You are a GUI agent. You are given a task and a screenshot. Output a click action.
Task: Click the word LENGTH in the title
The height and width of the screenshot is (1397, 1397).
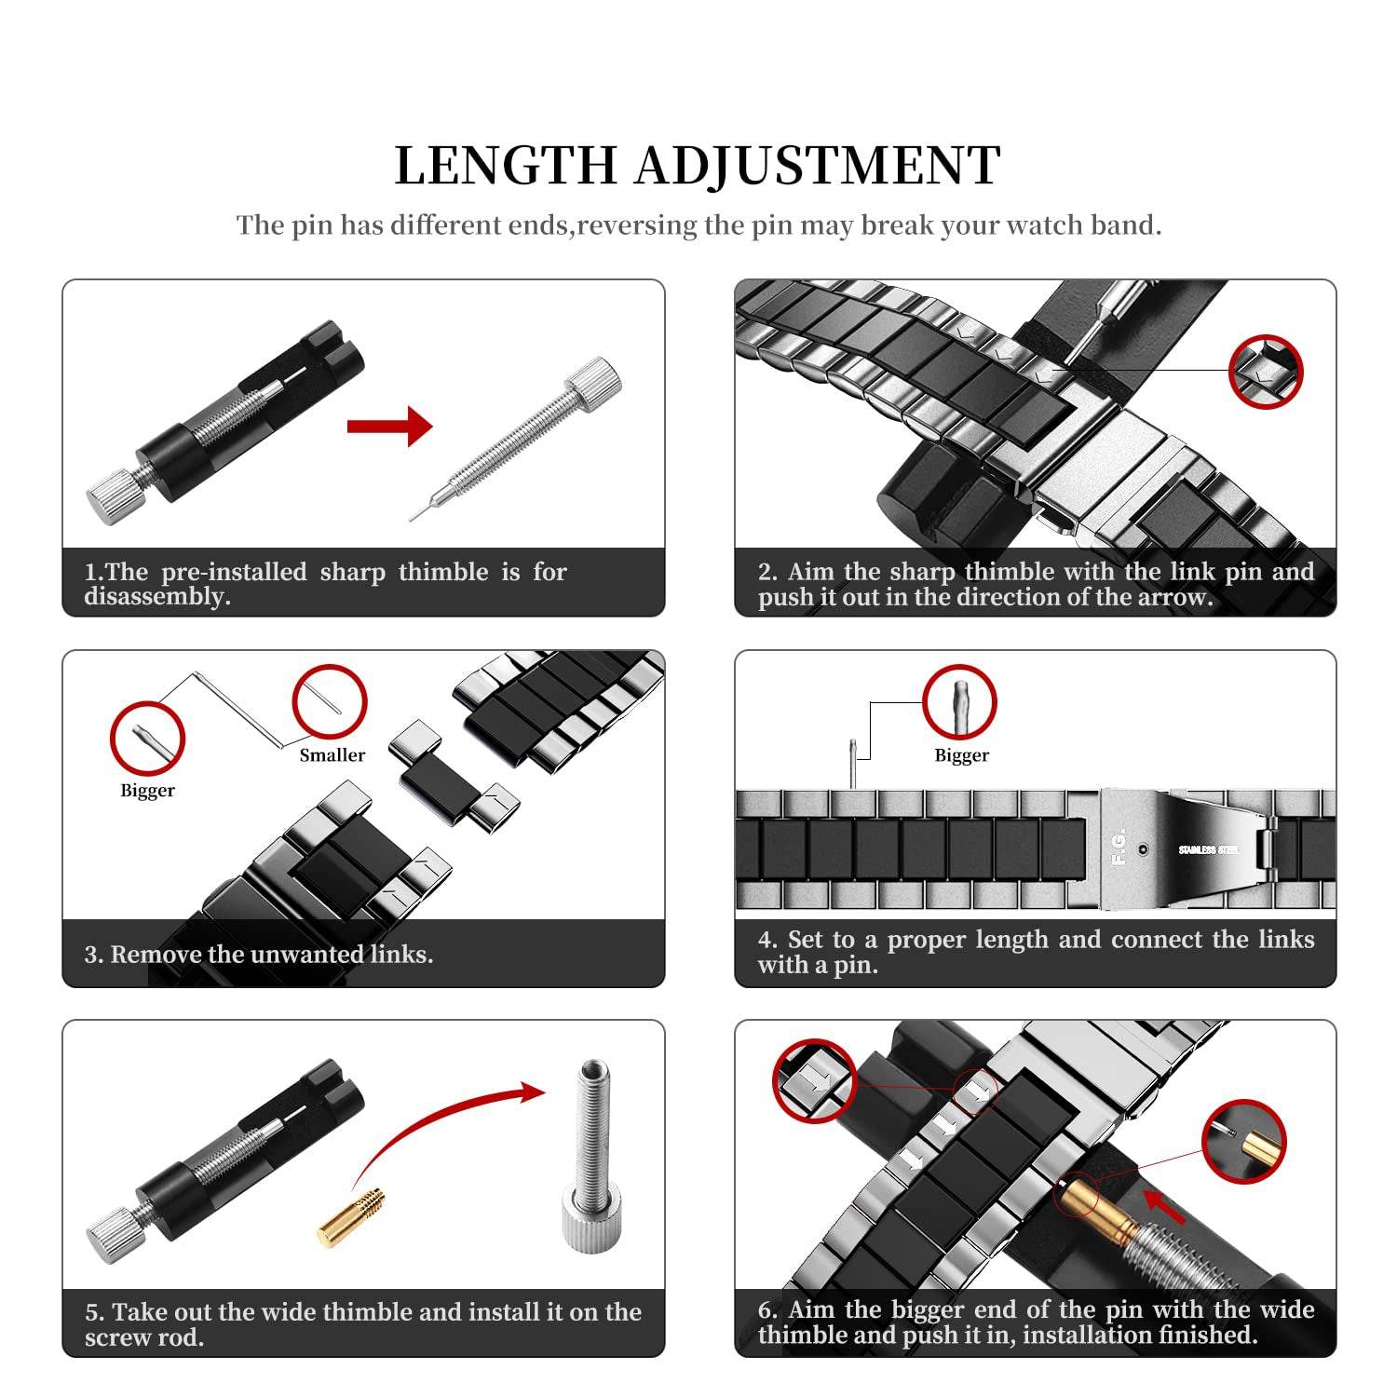coord(506,166)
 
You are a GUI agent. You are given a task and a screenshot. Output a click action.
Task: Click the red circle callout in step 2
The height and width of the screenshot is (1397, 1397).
coord(1265,372)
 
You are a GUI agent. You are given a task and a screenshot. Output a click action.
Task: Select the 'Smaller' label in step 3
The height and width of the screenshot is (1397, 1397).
coord(332,755)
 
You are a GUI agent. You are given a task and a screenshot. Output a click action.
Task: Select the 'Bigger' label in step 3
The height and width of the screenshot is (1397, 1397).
coord(147,791)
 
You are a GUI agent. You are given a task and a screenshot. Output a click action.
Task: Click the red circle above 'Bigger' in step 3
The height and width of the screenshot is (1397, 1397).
coord(147,739)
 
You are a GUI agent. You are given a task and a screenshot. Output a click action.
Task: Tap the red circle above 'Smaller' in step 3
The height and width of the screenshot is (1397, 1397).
coord(330,702)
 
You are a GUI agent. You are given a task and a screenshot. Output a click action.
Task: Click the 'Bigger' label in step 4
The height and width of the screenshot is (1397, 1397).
coord(961,755)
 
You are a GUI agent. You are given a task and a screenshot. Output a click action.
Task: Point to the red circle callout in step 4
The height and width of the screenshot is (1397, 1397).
coord(959,702)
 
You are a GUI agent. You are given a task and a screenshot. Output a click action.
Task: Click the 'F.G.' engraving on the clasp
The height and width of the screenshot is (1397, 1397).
coord(1119,847)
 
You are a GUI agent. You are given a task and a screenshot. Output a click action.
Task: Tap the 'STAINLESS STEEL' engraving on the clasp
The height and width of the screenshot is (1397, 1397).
coord(1208,849)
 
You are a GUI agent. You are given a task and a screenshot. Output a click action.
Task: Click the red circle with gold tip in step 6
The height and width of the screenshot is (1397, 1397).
coord(1243,1142)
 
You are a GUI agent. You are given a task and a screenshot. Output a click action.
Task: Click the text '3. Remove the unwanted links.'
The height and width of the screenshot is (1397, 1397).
coord(259,955)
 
